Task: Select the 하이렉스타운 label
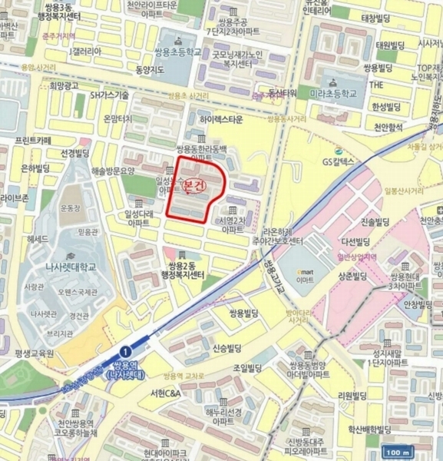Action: tap(220, 120)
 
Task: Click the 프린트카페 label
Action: tap(33, 141)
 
